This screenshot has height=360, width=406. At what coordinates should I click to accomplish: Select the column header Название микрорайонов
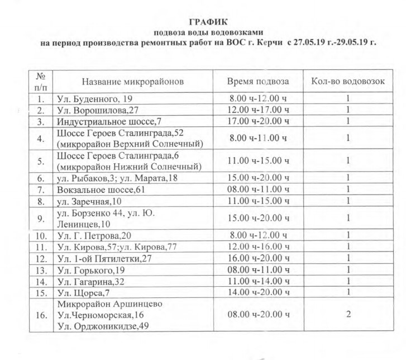point(132,82)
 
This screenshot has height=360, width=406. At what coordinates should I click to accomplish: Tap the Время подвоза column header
point(257,82)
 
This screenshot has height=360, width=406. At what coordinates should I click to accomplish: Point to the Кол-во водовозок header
point(347,82)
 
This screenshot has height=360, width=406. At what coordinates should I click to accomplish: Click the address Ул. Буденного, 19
point(94,99)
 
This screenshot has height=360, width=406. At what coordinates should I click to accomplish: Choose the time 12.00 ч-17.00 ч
point(258,110)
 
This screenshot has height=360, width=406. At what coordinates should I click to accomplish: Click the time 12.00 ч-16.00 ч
point(258,247)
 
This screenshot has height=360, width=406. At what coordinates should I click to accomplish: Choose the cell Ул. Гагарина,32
point(92,281)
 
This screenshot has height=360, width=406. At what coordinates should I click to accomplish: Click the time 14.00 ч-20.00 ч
point(258,292)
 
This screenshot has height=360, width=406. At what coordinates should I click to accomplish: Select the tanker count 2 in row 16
point(347,315)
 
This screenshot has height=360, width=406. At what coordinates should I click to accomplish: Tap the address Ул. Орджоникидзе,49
point(106,326)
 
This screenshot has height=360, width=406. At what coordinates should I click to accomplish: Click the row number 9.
point(40,218)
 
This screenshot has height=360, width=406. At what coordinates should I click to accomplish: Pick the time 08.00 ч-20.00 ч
point(258,315)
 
